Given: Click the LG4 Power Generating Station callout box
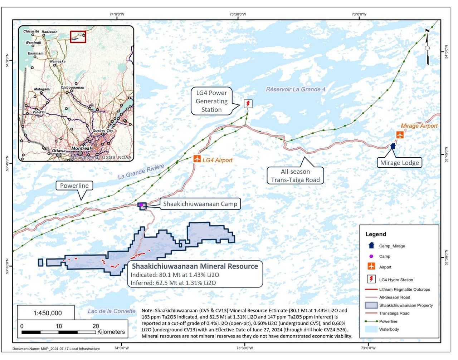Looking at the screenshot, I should point(211,101).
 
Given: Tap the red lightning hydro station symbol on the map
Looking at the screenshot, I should point(248,104).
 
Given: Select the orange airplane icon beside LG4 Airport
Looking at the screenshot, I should point(197,159).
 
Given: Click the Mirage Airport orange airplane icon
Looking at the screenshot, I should point(400,135).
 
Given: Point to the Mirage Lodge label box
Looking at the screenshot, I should point(399,163).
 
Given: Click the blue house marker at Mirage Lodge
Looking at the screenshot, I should point(393,146).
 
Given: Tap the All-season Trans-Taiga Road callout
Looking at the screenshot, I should point(295,176).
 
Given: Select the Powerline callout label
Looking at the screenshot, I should point(74,186).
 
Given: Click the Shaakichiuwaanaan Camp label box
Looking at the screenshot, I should point(200,204).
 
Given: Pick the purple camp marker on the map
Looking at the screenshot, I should point(141,205).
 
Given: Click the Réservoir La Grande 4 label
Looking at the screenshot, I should point(296,89).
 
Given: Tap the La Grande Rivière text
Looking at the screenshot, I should point(141,172).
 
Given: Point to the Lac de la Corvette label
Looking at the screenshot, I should point(112,311).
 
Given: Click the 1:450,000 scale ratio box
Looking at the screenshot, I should point(47,313).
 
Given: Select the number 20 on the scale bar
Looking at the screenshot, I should point(96,326).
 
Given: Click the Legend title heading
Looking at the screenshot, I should point(376,234).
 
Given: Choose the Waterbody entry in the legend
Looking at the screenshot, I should point(389,329).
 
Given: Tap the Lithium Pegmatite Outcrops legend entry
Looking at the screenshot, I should point(404,289).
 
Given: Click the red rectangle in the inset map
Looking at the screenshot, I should point(78,37).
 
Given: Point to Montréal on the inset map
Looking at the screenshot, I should point(81,148).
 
